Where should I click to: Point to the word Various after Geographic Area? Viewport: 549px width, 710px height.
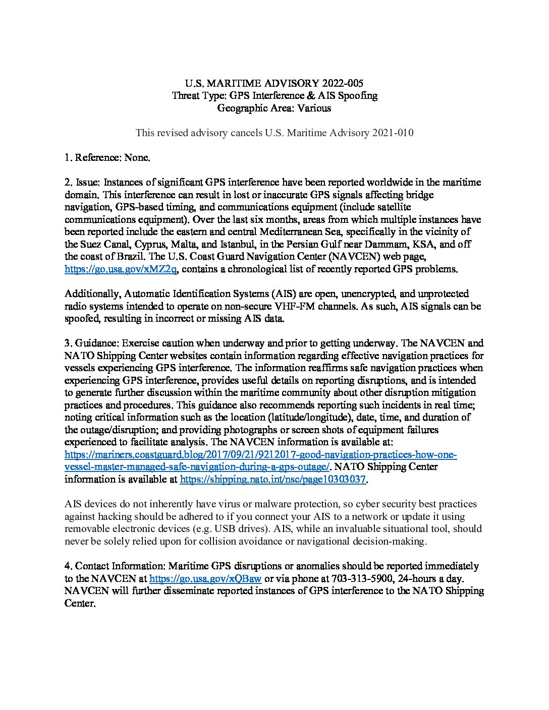[x=314, y=108]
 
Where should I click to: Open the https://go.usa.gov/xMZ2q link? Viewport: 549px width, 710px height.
[x=121, y=269]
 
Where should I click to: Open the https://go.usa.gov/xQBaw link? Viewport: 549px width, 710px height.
[x=206, y=578]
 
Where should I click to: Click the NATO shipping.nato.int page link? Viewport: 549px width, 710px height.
[x=272, y=480]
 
